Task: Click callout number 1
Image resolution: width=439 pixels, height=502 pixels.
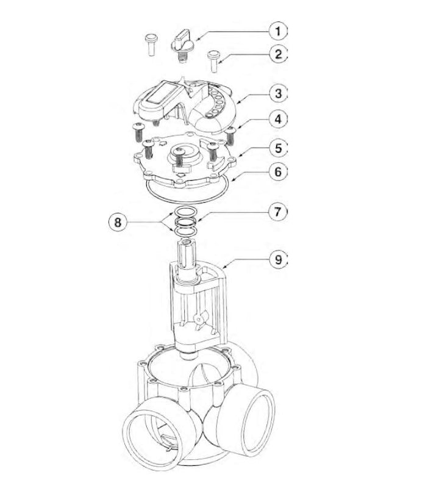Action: (277, 30)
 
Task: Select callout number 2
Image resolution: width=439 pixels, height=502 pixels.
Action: (277, 54)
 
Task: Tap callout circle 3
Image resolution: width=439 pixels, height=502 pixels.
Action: (277, 94)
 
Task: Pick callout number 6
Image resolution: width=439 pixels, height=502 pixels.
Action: (277, 172)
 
